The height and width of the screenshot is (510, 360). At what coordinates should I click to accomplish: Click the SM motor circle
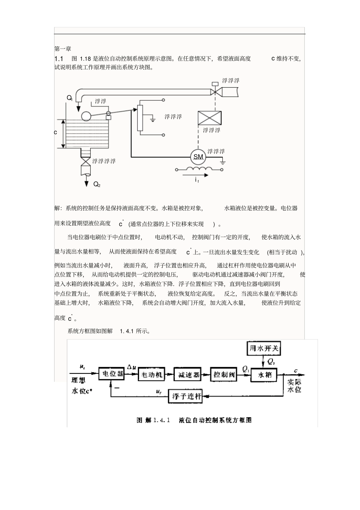198,157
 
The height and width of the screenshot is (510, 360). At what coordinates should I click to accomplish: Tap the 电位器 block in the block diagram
111,374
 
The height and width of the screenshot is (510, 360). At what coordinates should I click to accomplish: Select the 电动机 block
152,375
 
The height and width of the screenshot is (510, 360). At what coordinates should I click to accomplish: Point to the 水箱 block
265,375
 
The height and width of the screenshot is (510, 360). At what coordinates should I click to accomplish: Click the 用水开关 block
264,348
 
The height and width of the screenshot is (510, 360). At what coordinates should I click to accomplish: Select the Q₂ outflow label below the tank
97,184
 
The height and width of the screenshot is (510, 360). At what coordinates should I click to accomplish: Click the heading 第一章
63,49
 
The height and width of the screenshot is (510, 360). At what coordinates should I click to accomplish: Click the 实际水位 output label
294,386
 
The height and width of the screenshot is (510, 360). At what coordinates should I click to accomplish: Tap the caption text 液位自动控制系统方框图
215,420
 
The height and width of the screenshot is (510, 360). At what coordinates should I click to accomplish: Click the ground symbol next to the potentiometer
152,120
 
